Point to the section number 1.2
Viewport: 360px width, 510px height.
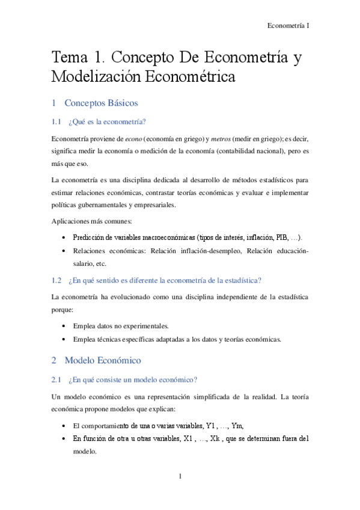57,280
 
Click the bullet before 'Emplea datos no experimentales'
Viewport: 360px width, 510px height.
64,326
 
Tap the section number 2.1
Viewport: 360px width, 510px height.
57,380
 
